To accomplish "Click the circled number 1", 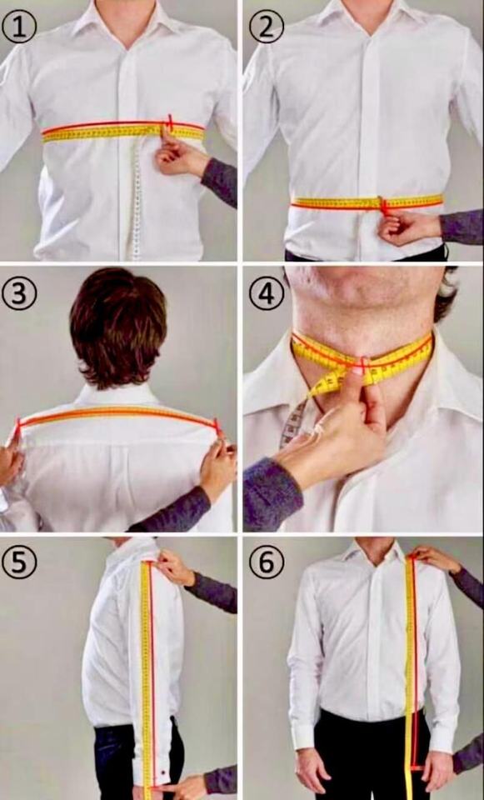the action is (19, 27).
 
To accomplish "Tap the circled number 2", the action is (267, 27).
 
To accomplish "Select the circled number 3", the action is (19, 293).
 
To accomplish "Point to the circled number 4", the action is (267, 293).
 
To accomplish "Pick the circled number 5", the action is (19, 561).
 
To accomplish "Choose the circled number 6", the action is (267, 561).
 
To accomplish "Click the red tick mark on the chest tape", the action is (170, 122).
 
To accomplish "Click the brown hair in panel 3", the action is (118, 327).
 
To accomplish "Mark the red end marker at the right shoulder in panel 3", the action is (217, 426).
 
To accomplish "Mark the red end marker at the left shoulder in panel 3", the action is (18, 426).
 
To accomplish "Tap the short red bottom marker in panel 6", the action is (417, 767).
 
